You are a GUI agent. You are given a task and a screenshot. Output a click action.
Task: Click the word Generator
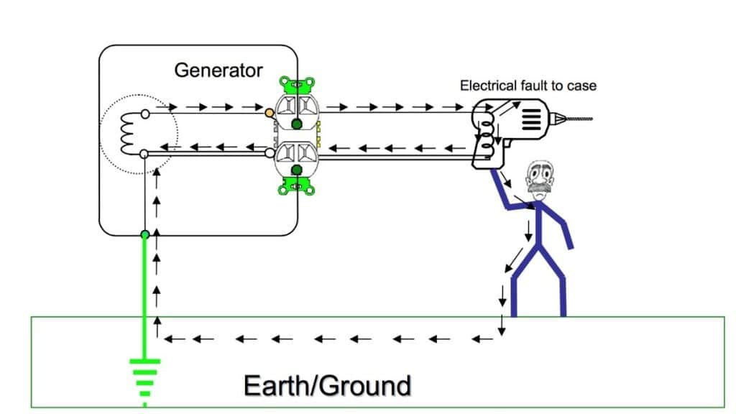click(x=218, y=70)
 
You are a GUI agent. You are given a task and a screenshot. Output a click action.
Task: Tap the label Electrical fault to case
click(x=528, y=86)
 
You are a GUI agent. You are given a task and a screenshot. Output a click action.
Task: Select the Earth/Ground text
click(x=327, y=385)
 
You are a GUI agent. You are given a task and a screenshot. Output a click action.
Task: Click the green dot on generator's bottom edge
click(x=145, y=234)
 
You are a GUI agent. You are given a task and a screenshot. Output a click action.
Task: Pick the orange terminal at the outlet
click(x=269, y=113)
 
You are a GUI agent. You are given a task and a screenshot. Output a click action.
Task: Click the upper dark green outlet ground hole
click(x=296, y=125)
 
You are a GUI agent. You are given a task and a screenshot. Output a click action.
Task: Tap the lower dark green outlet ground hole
click(x=296, y=170)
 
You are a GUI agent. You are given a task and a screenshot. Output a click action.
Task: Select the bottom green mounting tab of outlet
click(x=294, y=188)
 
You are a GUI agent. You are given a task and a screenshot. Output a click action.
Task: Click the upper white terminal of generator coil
click(x=145, y=113)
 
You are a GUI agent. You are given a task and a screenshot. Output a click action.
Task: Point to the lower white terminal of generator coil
click(x=144, y=153)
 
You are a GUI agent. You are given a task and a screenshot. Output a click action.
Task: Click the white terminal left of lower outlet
click(x=269, y=153)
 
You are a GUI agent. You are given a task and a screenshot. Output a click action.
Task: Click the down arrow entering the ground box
click(x=501, y=325)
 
